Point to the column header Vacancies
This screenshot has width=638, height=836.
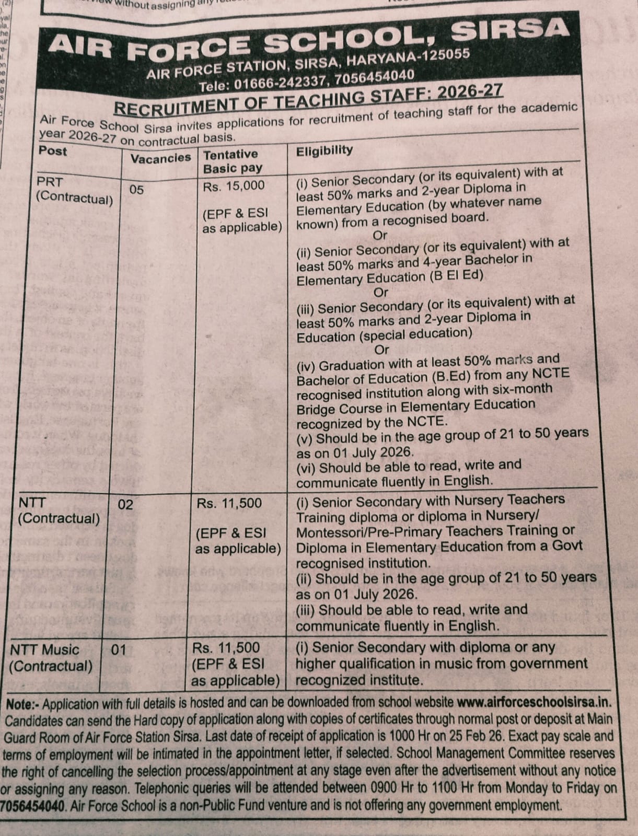pos(160,158)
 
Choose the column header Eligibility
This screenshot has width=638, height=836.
pos(324,151)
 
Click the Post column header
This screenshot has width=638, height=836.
pos(53,151)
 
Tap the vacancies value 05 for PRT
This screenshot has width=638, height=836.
pos(136,189)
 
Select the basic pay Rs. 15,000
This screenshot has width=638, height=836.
pos(234,186)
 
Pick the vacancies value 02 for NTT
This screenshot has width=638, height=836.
pos(125,504)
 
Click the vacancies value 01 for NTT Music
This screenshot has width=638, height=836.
pos(119,649)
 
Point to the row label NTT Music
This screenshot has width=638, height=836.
pos(45,650)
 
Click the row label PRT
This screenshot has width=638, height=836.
pos(50,182)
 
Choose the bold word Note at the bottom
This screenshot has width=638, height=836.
pos(19,704)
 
